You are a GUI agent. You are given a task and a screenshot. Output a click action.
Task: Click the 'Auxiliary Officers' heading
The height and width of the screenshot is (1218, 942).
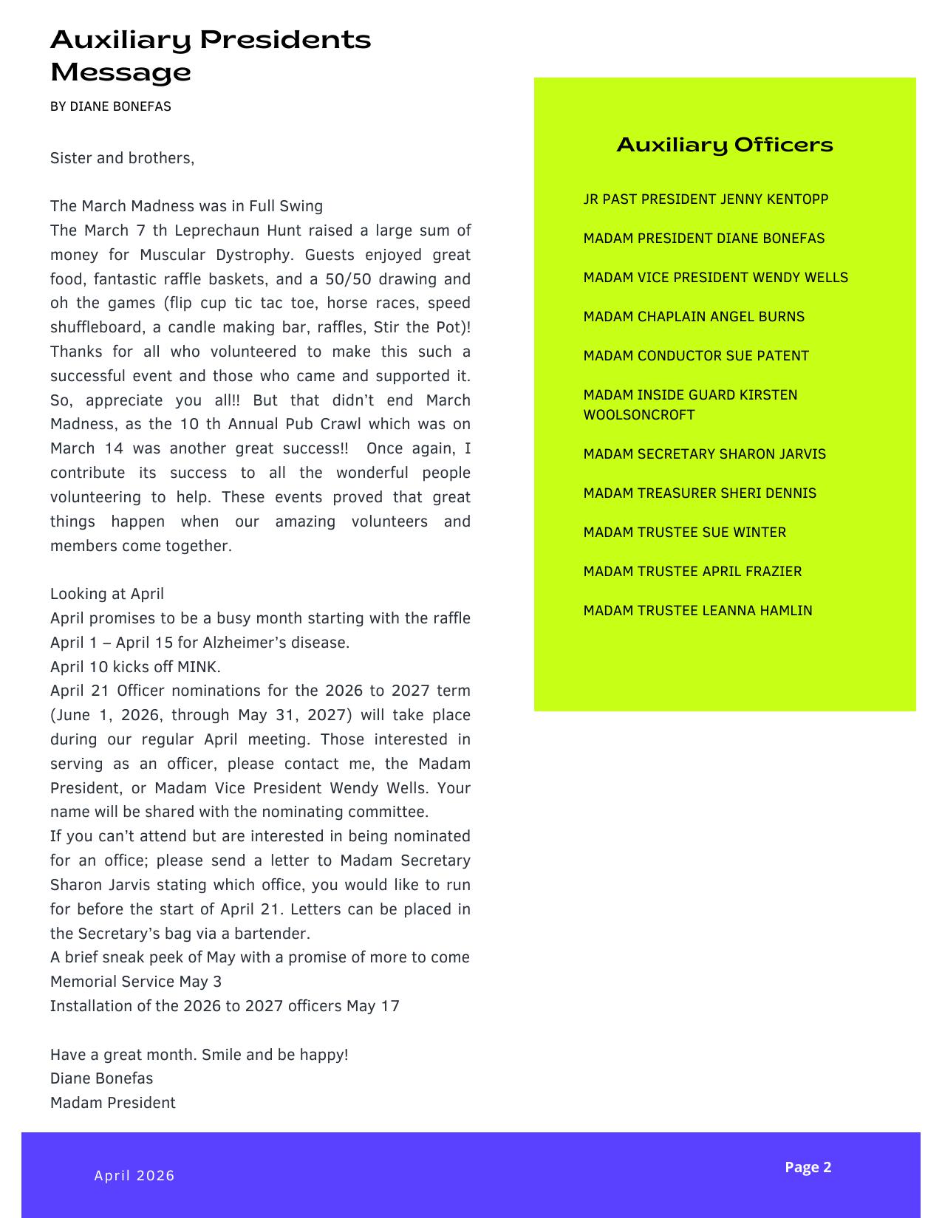point(724,145)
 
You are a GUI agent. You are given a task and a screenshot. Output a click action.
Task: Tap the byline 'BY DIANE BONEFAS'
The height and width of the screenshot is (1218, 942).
point(111,106)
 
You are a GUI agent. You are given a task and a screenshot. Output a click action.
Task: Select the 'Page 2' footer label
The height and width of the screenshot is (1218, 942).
point(808,1167)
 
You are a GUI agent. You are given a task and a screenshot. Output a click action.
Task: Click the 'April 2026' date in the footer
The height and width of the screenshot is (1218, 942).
point(134,1176)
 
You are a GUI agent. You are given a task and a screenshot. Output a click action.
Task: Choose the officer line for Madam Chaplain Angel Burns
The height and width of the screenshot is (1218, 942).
point(694,317)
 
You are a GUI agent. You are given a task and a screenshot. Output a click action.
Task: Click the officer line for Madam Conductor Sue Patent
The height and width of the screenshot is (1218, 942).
point(696,356)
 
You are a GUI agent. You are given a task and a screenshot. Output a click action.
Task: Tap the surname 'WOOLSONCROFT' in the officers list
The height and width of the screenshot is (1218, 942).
point(639,415)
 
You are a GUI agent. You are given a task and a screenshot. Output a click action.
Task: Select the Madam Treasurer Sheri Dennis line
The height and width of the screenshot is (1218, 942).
point(700,493)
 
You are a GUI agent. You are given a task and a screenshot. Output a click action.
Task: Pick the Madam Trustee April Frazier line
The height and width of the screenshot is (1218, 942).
point(692,572)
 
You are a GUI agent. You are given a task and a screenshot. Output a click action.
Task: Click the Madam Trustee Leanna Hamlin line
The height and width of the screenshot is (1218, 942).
point(697,611)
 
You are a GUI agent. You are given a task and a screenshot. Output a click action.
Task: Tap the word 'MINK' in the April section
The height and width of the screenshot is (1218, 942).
point(197,667)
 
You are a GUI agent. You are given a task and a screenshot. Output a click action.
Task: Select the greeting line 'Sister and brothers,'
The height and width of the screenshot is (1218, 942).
point(122,158)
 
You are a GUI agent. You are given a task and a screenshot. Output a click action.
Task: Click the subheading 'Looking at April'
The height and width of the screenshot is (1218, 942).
point(107,594)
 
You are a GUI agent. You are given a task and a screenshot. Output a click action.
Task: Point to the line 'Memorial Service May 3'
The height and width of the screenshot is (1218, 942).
point(136,982)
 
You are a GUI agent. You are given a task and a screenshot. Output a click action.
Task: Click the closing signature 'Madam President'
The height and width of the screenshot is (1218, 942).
point(113,1103)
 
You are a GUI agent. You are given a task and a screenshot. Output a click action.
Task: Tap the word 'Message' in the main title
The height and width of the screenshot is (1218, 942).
point(120,72)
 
